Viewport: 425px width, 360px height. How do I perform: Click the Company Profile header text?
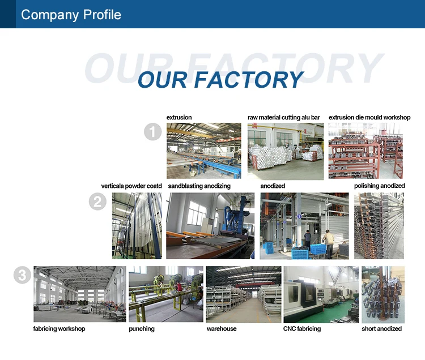(71, 14)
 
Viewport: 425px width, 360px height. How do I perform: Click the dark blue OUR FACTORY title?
(220, 79)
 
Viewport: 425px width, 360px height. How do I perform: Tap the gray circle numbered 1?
(153, 132)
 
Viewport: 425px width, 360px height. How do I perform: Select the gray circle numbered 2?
(98, 202)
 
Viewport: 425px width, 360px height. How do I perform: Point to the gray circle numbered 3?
(22, 276)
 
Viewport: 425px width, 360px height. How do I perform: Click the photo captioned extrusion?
(203, 151)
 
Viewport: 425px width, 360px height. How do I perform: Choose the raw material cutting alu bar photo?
(286, 151)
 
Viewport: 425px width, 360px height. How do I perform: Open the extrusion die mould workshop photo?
(365, 151)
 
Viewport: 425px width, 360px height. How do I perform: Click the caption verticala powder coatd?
(131, 186)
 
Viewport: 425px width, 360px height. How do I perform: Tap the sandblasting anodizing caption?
(199, 186)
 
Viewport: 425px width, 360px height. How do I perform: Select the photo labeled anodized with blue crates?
(303, 225)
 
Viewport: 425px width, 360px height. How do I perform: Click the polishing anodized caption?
(380, 186)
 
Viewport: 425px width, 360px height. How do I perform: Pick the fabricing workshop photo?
(79, 294)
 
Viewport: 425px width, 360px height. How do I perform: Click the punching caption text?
(142, 329)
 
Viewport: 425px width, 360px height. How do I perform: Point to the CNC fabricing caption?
(301, 329)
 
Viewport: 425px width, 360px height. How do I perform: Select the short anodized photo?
(383, 294)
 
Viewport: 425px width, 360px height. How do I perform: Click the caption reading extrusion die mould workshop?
(369, 118)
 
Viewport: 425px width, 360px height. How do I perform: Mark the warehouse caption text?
(222, 329)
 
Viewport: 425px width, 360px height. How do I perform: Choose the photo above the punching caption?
(165, 294)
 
